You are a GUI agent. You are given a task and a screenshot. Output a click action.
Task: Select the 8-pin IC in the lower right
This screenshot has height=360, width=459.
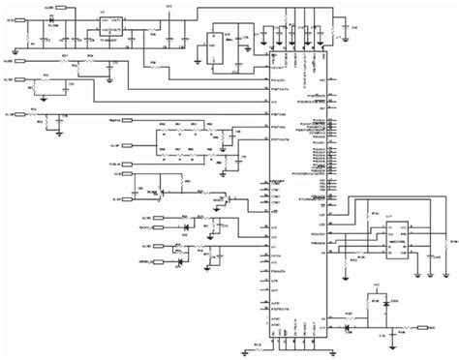point(396,237)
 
